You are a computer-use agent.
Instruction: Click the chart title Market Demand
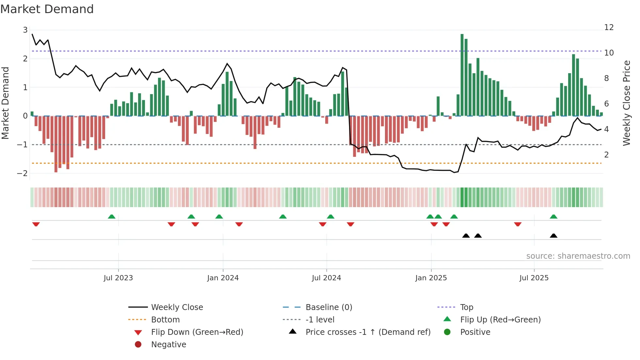tap(47, 9)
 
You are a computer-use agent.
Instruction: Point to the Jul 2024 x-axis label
tap(326, 278)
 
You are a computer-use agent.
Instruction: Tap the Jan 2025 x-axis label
tap(431, 278)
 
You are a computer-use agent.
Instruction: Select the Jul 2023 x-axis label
tap(118, 278)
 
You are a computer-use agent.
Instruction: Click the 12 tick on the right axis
tap(609, 27)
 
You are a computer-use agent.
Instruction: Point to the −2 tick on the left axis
tap(23, 173)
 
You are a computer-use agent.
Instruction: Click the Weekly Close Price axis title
tap(626, 103)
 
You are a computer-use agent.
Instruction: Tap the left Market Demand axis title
tap(6, 103)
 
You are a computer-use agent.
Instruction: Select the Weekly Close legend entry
tap(177, 307)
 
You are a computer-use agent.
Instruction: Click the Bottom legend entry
tap(165, 320)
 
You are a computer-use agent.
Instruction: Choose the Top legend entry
tap(467, 307)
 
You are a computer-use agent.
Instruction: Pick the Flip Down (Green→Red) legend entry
tap(197, 332)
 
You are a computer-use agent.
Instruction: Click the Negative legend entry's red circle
tap(138, 345)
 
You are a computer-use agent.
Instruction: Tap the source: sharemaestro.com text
tap(578, 256)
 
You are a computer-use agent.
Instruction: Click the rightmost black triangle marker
tap(553, 236)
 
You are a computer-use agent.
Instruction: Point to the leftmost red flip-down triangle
tap(36, 224)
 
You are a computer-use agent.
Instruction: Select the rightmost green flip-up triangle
tap(553, 217)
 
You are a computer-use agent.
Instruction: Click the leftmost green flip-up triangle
tap(112, 217)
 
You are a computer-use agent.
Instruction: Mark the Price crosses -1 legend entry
tap(368, 332)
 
